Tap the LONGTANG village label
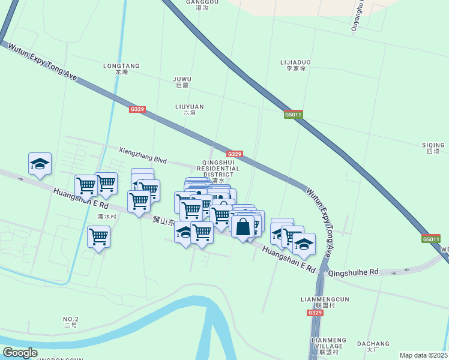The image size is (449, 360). click(x=121, y=66)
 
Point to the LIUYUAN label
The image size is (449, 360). click(x=189, y=107)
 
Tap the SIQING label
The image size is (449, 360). click(x=433, y=145)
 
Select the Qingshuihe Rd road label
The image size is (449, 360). click(x=353, y=272)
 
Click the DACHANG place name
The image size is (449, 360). click(x=373, y=344)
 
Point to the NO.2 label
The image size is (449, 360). click(x=71, y=319)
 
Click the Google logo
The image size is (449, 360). click(x=20, y=353)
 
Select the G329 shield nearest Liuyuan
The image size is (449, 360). click(x=137, y=109)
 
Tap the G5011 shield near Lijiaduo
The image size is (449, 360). click(x=293, y=114)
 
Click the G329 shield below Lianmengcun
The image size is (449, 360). click(x=315, y=313)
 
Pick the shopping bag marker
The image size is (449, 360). click(x=243, y=227)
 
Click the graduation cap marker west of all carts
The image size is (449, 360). click(x=40, y=164)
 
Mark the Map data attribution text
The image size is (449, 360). click(x=423, y=355)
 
